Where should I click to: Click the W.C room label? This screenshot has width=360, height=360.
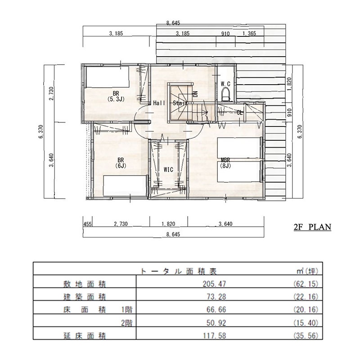(x=225, y=84)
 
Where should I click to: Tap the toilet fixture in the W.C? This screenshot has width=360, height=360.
(x=226, y=95)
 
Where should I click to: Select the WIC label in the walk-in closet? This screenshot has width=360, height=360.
(x=168, y=170)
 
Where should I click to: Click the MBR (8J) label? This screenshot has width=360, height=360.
(x=225, y=163)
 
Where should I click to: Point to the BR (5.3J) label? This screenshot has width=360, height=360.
(x=116, y=96)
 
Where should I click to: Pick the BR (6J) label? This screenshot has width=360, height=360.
(x=121, y=163)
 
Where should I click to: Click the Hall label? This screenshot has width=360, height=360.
(x=159, y=103)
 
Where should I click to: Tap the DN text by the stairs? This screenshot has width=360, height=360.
(x=195, y=94)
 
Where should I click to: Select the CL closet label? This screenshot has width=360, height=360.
(x=240, y=113)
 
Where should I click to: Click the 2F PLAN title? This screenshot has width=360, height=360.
(x=312, y=227)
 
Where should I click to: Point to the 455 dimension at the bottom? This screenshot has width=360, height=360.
(x=87, y=224)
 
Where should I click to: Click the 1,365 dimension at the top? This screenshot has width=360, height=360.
(x=249, y=33)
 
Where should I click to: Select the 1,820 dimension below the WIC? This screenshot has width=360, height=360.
(x=168, y=224)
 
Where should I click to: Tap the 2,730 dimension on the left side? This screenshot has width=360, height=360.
(x=51, y=94)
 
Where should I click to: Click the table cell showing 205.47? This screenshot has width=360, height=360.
(x=214, y=284)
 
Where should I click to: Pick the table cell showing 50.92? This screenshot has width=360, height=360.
(x=216, y=323)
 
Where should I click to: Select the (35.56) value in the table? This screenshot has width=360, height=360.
(x=306, y=336)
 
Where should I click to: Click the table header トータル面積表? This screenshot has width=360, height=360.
(x=178, y=271)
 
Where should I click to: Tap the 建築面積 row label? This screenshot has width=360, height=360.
(x=85, y=297)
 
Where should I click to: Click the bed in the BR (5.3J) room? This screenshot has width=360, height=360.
(x=107, y=76)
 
